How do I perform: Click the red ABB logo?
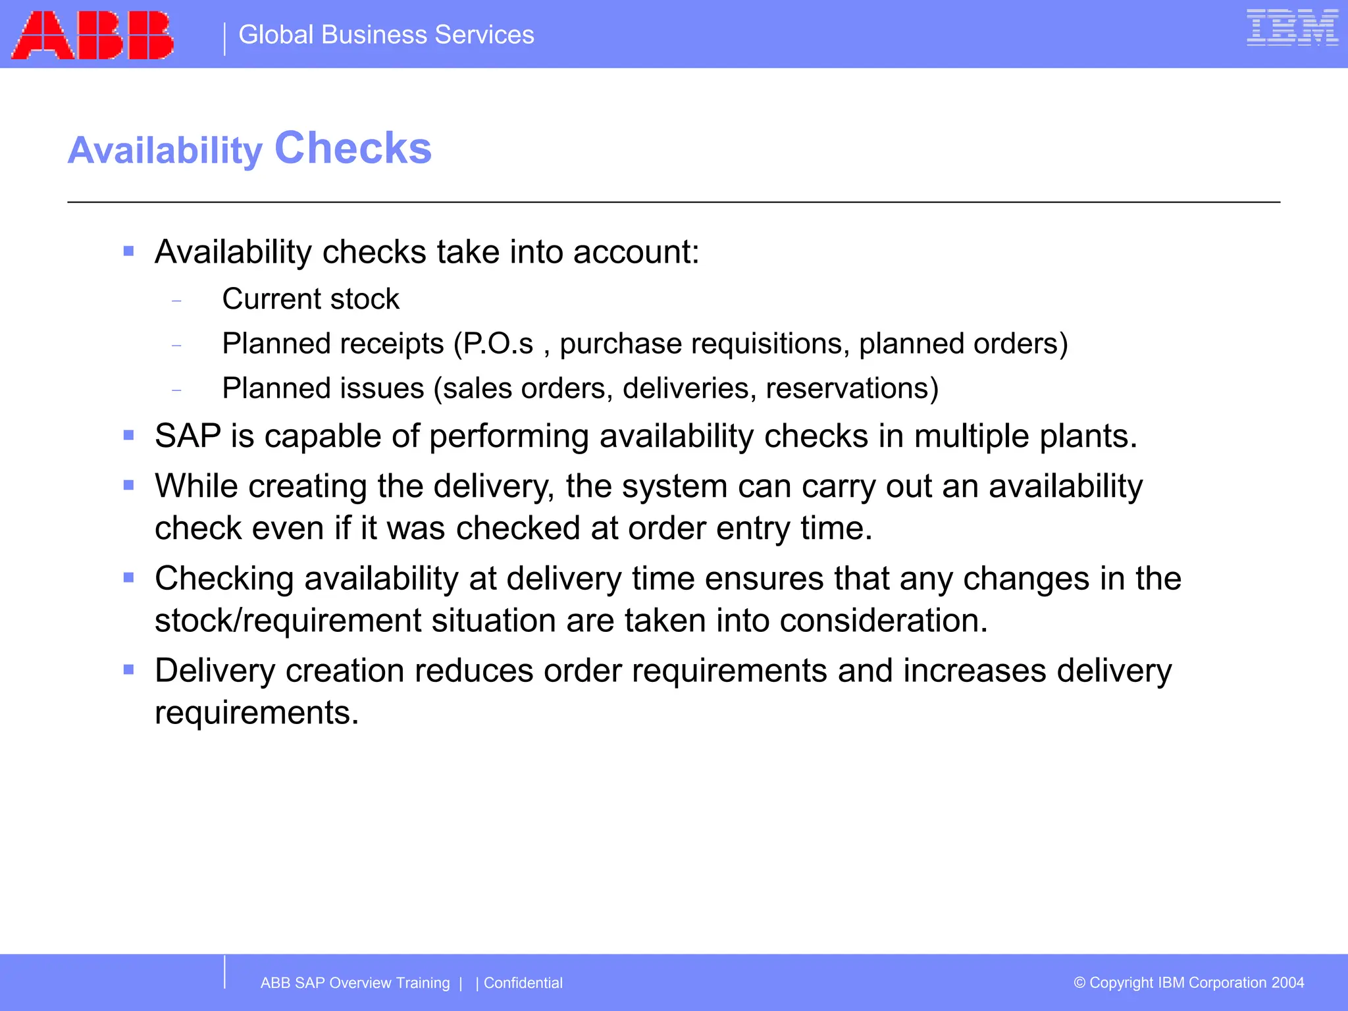pos(93,36)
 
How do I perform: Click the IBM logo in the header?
pos(1292,28)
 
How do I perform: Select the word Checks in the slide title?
pos(353,148)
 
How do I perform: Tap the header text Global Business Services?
pos(386,35)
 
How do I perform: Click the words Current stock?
pos(311,299)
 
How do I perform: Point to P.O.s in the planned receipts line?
pos(498,344)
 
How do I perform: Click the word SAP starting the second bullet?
pos(188,436)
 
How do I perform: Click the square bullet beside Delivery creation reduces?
pos(129,670)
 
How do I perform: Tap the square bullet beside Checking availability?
pos(129,578)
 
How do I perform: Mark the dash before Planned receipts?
pos(176,345)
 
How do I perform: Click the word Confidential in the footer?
pos(523,983)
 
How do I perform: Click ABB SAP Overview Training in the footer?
pos(355,983)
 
